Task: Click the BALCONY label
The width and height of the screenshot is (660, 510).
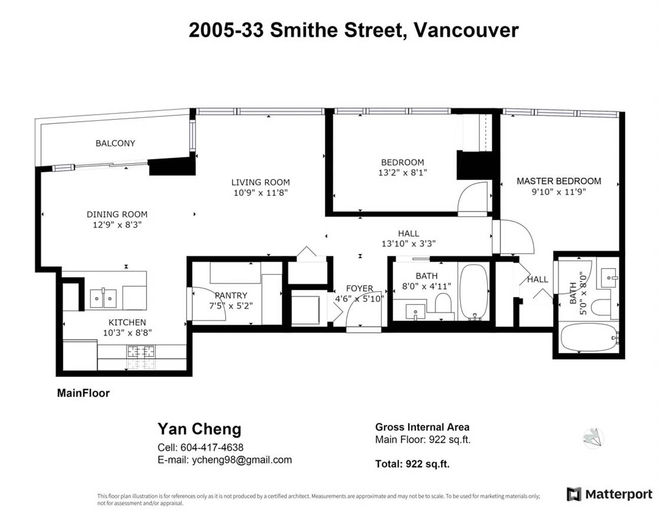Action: tap(115, 143)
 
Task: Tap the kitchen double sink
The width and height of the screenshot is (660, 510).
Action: tap(103, 298)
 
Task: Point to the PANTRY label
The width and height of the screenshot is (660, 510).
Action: tap(231, 295)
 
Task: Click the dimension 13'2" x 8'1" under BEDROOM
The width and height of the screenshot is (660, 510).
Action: tap(403, 173)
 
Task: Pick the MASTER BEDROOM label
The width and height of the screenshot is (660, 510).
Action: tap(559, 181)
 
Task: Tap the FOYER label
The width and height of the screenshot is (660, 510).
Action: tap(359, 288)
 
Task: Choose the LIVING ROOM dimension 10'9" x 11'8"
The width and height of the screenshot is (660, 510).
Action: tap(260, 193)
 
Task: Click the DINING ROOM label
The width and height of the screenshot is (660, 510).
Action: tap(117, 215)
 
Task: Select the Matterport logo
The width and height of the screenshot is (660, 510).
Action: tap(609, 494)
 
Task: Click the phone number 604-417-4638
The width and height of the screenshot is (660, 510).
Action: tap(212, 448)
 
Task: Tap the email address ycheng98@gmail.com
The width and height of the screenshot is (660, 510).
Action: tap(242, 460)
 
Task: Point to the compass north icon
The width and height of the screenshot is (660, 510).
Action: tap(593, 438)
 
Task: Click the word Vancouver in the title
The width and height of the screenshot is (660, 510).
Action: tap(466, 30)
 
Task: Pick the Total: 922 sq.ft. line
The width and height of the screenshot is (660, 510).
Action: tap(412, 464)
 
